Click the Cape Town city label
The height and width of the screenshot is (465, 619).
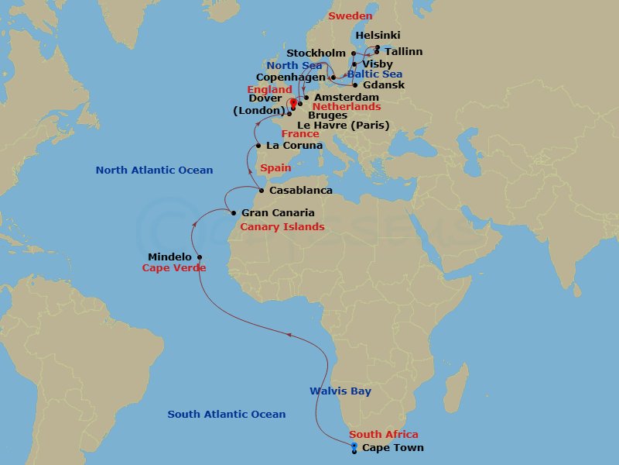tap(392, 448)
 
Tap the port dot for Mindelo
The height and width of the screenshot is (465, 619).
tap(200, 257)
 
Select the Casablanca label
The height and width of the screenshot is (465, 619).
tap(301, 190)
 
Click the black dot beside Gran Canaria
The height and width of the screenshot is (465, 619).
tap(233, 212)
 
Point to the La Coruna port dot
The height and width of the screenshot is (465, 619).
tap(258, 145)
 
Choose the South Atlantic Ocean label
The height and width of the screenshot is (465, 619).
tap(227, 415)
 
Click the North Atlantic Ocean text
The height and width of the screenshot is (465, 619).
tap(154, 170)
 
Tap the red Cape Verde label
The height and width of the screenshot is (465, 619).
tap(174, 268)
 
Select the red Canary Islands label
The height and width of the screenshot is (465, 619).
tap(282, 227)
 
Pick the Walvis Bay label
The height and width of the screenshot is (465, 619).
tap(340, 391)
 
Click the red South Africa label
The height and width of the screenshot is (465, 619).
tap(383, 435)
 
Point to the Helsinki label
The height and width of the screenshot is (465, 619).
tap(378, 36)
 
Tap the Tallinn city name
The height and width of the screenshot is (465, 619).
tap(404, 51)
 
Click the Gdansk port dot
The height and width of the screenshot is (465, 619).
tap(354, 84)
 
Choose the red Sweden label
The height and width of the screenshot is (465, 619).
tap(350, 15)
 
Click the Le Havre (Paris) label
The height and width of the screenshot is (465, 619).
tap(343, 125)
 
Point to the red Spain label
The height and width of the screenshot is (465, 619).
tap(275, 167)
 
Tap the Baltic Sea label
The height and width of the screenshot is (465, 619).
tap(374, 74)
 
